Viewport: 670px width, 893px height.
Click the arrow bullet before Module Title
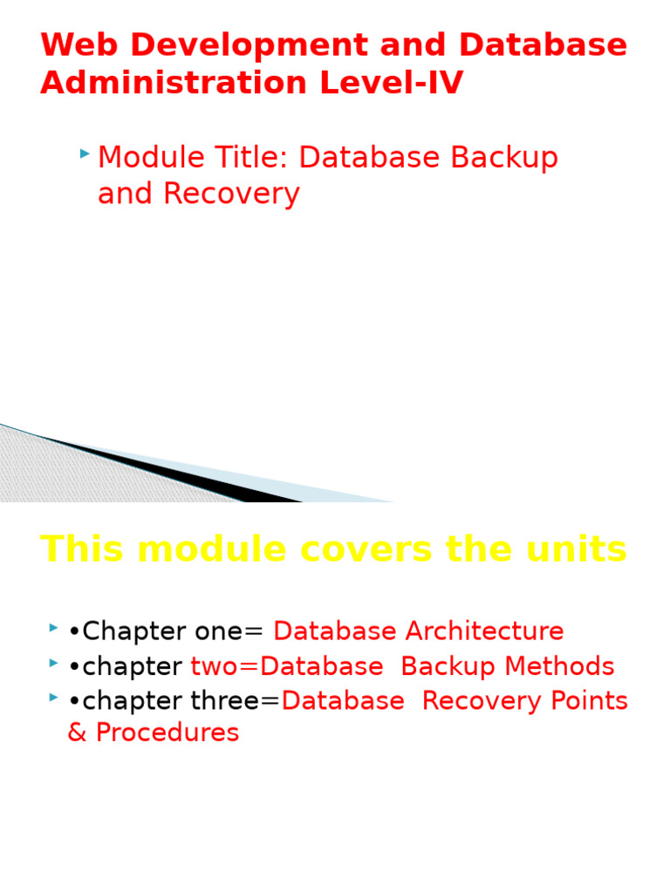pos(84,153)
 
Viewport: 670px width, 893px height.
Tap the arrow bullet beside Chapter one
pos(54,627)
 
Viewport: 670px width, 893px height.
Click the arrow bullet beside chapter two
pos(54,663)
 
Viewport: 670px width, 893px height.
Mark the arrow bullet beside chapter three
pos(54,697)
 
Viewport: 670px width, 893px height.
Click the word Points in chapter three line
pos(589,700)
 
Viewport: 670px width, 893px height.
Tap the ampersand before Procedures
pos(77,733)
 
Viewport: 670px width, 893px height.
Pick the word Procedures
pos(167,733)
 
